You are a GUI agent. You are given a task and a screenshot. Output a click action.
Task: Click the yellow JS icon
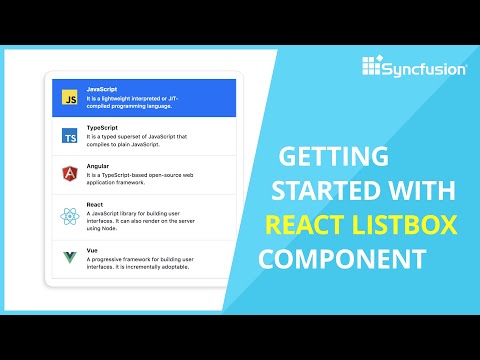click(x=70, y=99)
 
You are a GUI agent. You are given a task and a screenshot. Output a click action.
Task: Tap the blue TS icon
click(x=70, y=136)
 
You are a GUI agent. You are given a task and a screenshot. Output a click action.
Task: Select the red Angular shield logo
click(x=70, y=174)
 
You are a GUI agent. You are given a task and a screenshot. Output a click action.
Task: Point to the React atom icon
click(x=70, y=216)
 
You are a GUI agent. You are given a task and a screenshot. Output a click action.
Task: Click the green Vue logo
click(x=70, y=257)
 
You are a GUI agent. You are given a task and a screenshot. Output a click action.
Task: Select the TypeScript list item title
click(x=102, y=128)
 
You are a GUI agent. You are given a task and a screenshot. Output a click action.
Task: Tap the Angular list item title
click(x=98, y=165)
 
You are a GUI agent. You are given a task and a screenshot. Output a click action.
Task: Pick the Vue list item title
click(x=93, y=246)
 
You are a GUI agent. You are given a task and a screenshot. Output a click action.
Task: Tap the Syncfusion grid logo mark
click(x=373, y=66)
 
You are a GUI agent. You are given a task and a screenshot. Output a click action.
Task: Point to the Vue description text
click(x=150, y=261)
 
